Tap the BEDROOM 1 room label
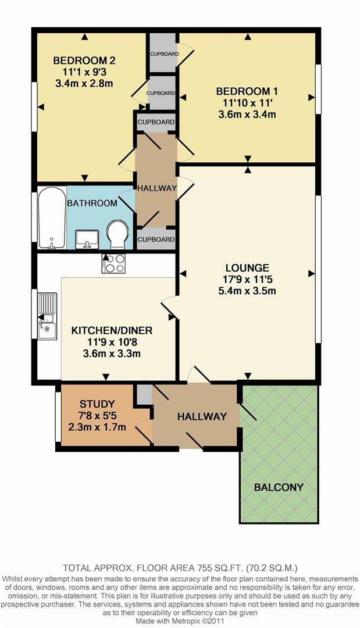pyautogui.click(x=247, y=91)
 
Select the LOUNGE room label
pyautogui.click(x=247, y=268)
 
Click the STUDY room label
pyautogui.click(x=97, y=404)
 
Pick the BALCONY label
pyautogui.click(x=279, y=487)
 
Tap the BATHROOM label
pyautogui.click(x=92, y=204)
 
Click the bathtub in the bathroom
pyautogui.click(x=51, y=217)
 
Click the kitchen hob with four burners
pyautogui.click(x=113, y=263)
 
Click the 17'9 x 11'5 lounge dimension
pyautogui.click(x=247, y=280)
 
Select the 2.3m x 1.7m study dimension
pyautogui.click(x=97, y=427)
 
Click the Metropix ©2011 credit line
pyautogui.click(x=180, y=622)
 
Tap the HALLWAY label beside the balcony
pyautogui.click(x=201, y=416)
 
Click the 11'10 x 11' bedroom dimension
pyautogui.click(x=247, y=103)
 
